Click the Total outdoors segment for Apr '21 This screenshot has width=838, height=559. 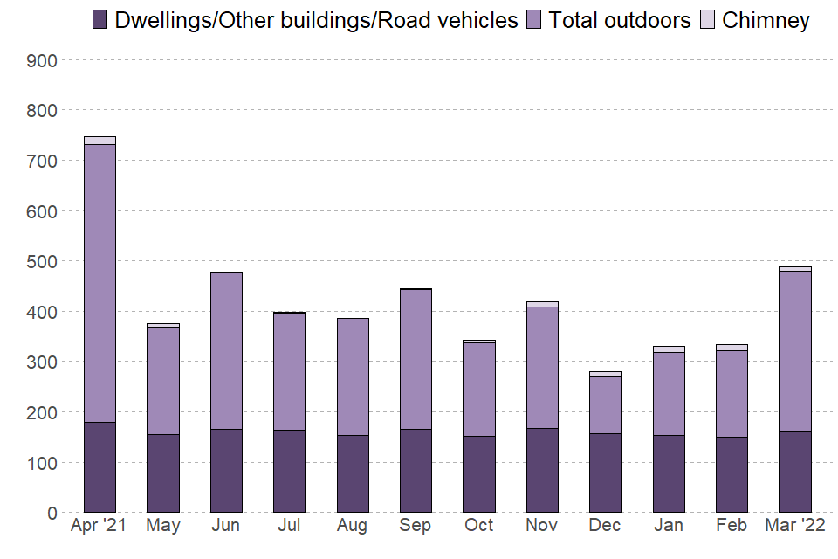100,283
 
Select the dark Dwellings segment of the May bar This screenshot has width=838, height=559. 163,473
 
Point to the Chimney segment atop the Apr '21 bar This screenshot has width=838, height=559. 100,140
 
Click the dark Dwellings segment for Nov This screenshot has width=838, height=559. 542,470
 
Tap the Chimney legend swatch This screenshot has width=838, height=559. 708,20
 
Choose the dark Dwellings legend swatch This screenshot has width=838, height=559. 100,20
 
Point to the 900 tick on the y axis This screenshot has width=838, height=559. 45,60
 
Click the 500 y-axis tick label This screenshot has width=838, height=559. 45,261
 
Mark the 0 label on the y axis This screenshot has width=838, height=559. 52,513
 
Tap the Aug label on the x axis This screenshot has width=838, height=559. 353,526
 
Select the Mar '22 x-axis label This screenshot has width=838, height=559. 794,526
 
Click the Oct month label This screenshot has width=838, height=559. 478,526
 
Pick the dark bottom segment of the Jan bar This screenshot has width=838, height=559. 669,473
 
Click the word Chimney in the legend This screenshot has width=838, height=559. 766,20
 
